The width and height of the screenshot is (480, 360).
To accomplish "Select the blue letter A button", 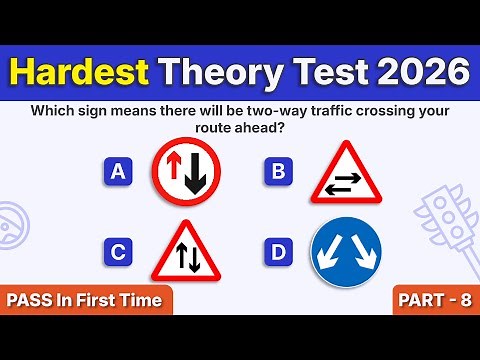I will coord(118,173).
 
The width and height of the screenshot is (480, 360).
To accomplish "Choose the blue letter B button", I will coord(277,173).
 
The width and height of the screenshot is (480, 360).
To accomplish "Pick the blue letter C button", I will coord(118,253).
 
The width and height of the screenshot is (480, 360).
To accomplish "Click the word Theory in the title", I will coord(219,73).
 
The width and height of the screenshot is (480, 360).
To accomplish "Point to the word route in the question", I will coord(217,129).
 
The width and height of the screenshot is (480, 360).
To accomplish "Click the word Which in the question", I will coord(59,111).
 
